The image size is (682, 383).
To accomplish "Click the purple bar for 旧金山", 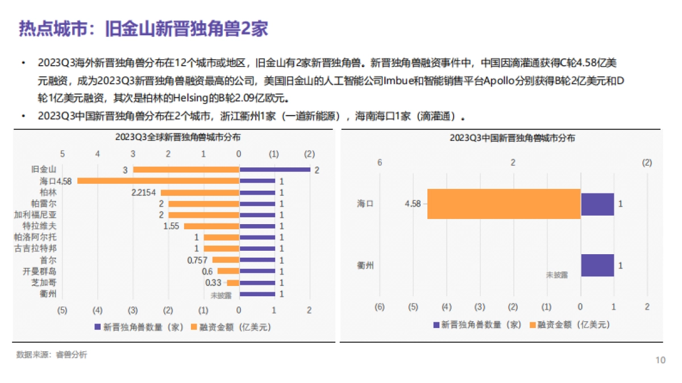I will [x=275, y=170].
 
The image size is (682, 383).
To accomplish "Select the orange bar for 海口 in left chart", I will [x=158, y=181].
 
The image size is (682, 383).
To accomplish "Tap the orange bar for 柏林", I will [x=199, y=192].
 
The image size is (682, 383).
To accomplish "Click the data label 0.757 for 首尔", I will [x=198, y=260].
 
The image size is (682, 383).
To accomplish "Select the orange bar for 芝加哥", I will [x=232, y=283].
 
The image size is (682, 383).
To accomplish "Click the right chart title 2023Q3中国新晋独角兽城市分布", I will [x=512, y=137].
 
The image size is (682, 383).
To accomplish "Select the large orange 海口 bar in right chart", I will [x=504, y=204].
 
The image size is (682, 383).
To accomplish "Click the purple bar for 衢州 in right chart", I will [x=597, y=265].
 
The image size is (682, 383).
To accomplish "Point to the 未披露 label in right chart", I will [x=557, y=274].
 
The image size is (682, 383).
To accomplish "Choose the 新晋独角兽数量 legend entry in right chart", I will [x=477, y=325].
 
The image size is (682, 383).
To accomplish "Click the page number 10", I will [x=660, y=360].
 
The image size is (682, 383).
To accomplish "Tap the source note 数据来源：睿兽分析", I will [x=52, y=355].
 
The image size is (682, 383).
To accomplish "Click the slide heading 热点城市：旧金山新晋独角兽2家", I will [x=143, y=28].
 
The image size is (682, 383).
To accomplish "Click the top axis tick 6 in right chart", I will [x=380, y=163].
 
